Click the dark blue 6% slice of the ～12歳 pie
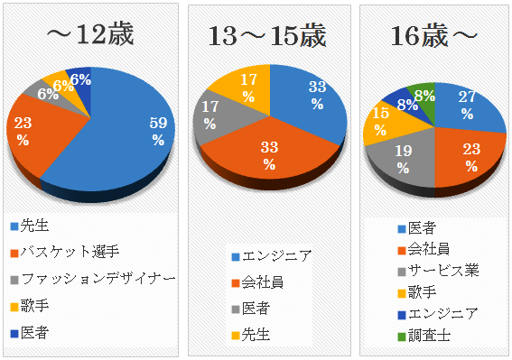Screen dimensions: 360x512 coord(81,80)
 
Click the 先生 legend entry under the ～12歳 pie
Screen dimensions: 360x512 coord(36,226)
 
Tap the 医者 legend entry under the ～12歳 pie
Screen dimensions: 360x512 coord(36,332)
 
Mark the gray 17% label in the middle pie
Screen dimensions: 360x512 coord(209,115)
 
